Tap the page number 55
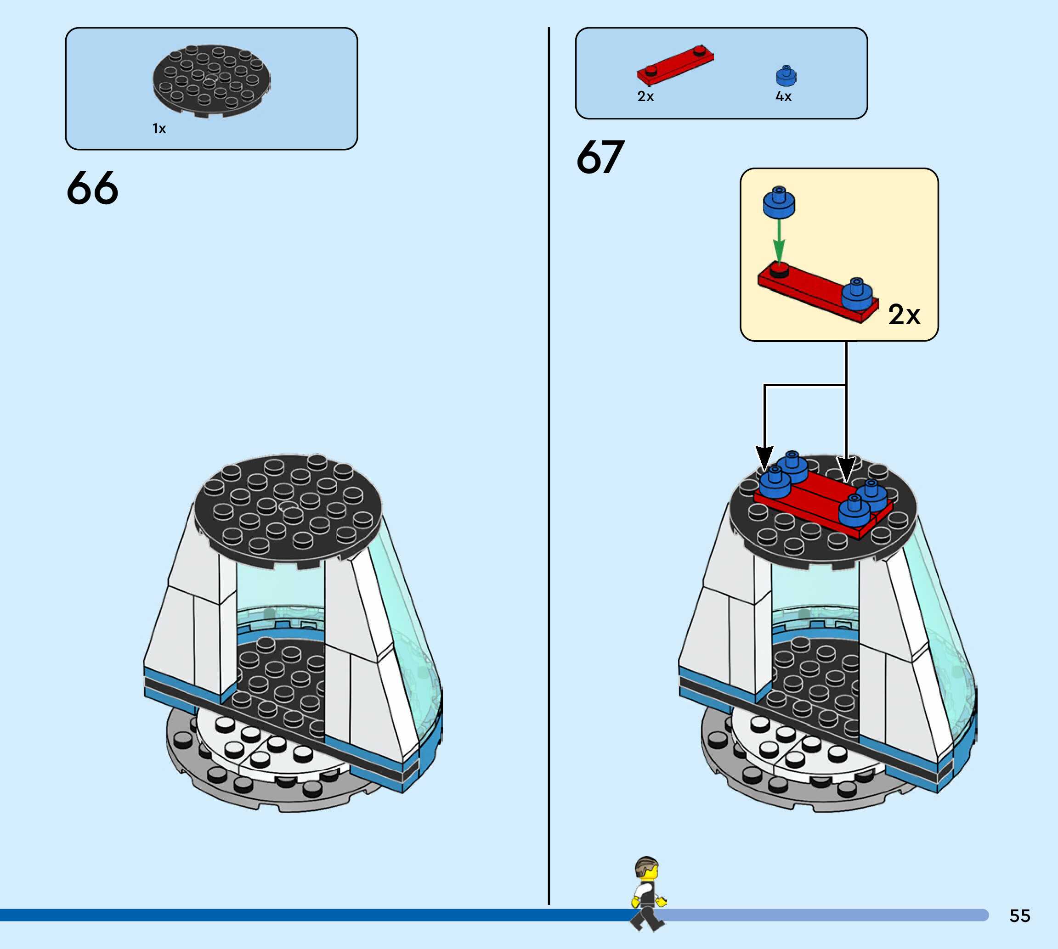tap(1019, 915)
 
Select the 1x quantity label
tap(159, 129)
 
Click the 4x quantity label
tap(783, 96)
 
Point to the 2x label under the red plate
tap(645, 96)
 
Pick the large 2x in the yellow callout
tap(904, 314)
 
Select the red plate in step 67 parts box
tap(674, 65)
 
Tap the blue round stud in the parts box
tap(786, 76)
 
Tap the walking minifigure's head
tap(647, 870)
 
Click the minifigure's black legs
tap(647, 918)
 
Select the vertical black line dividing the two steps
tap(549, 469)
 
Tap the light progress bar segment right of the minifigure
tap(824, 915)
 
